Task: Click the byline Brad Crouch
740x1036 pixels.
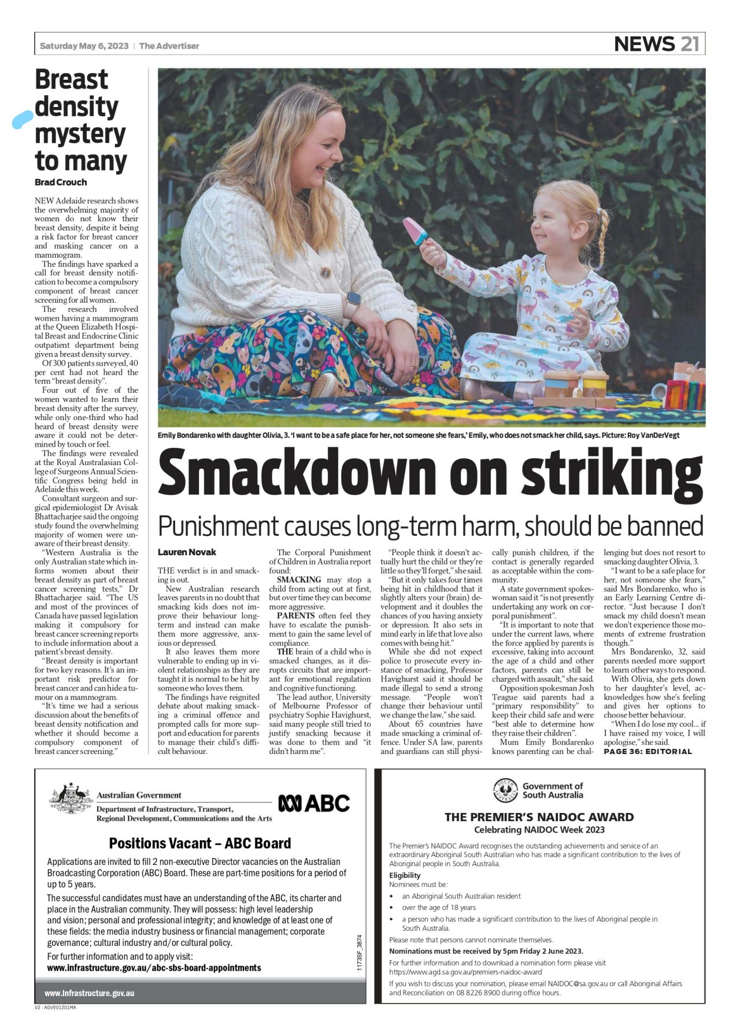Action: point(61,182)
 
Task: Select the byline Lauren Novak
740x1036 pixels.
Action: point(187,552)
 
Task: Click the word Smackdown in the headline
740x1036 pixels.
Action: point(297,474)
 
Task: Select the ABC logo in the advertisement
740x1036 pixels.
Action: point(314,803)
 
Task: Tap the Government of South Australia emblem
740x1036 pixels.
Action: point(505,790)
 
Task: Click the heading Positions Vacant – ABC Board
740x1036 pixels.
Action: point(199,843)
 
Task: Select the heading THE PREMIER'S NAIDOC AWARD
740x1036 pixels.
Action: point(539,817)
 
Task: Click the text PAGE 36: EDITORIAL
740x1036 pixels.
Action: point(647,752)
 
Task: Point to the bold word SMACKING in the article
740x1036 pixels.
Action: point(299,580)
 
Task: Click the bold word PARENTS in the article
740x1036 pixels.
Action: point(295,615)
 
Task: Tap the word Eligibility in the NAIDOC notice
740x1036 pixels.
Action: point(405,875)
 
